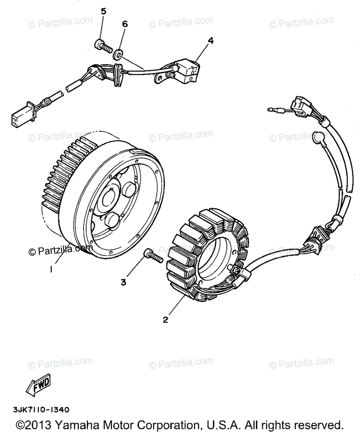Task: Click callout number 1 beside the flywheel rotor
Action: pos(51,269)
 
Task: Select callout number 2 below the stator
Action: pos(165,320)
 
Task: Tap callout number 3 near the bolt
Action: pos(124,282)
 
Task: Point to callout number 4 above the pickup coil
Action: pos(210,41)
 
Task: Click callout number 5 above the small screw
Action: pos(103,11)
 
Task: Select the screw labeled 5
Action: pos(103,46)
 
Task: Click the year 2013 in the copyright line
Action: pos(40,425)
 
